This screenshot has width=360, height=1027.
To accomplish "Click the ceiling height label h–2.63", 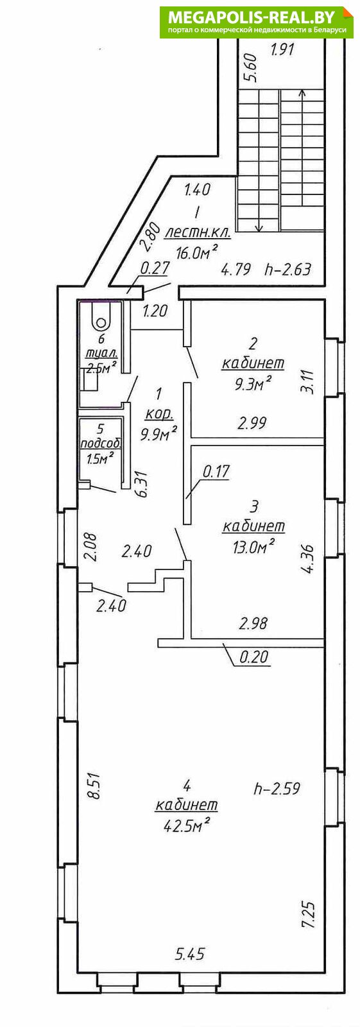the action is click(x=288, y=269).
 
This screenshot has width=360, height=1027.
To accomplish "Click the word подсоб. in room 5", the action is click(x=101, y=444).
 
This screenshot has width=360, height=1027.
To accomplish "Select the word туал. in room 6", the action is click(x=102, y=354).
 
